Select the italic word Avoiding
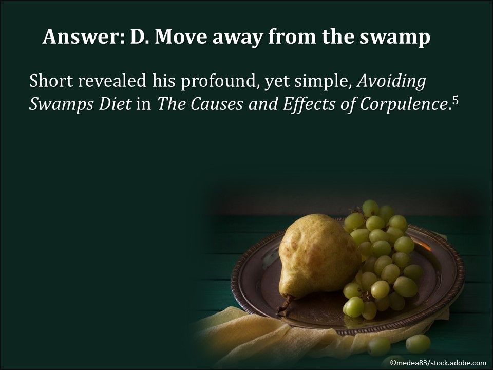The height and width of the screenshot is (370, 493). pyautogui.click(x=391, y=82)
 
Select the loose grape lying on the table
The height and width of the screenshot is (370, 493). pyautogui.click(x=418, y=343)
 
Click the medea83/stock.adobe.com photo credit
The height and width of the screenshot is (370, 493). pyautogui.click(x=437, y=363)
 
